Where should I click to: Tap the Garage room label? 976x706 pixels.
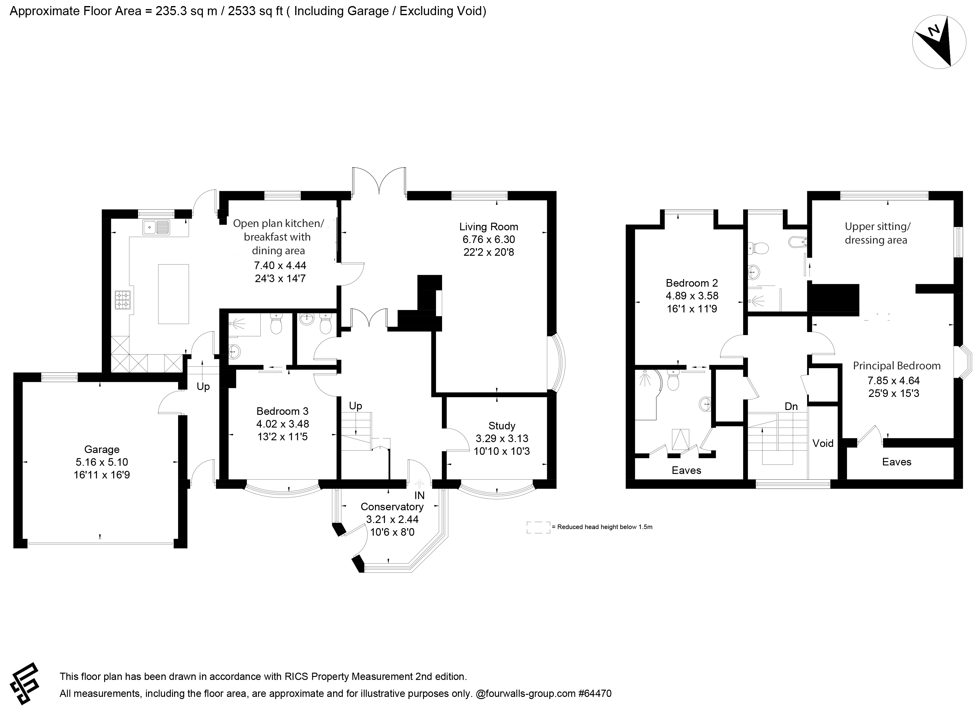pos(101,449)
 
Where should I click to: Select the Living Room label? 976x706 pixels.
pos(488,227)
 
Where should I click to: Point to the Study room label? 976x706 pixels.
pos(502,426)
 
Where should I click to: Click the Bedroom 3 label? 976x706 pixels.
pos(282,411)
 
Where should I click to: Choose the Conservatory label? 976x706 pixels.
pos(392,507)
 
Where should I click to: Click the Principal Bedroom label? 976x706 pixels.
pos(897,366)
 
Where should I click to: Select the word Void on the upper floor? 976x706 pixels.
pos(823,443)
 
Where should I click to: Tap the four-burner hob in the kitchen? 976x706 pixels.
pos(122,300)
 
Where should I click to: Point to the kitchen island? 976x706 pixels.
pos(174,294)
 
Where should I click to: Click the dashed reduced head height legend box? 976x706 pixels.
pos(538,527)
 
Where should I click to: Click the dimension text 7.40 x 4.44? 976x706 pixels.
pos(280,266)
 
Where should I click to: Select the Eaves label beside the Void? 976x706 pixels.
pos(897,462)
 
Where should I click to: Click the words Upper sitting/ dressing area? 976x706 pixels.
pos(878,233)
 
